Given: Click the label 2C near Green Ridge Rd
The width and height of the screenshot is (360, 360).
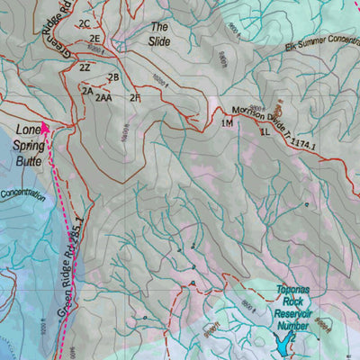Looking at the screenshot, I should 85,23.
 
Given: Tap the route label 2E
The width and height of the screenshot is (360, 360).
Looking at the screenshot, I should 94,40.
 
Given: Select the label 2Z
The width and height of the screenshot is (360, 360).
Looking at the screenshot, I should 85,67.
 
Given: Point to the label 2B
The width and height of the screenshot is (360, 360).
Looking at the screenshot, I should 113,76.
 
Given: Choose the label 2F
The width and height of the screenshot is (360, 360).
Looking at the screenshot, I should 135,97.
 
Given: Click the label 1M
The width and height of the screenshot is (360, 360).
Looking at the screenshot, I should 227,123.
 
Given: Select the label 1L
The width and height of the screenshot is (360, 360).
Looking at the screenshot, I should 265,131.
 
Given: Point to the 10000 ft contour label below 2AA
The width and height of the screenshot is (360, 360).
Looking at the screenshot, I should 122,132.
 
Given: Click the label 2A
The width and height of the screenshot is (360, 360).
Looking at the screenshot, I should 87,91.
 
